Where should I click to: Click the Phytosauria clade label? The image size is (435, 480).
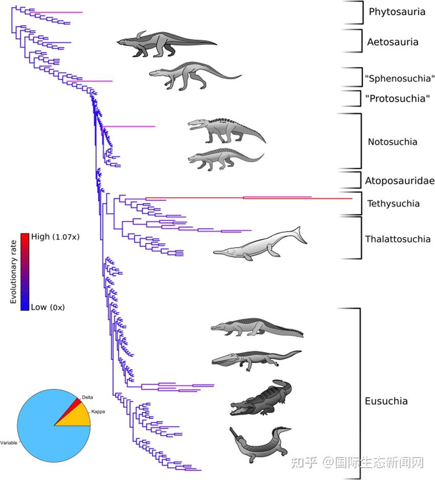point(397,12)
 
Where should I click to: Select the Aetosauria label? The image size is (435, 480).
point(393,42)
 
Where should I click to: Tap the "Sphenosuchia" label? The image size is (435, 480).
point(400,79)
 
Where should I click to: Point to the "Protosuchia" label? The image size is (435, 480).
point(397,98)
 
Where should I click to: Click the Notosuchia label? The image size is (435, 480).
point(393,142)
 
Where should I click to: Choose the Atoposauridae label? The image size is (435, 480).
point(400,180)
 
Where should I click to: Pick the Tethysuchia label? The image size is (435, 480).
point(393,203)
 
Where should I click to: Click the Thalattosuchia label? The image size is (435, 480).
point(398,239)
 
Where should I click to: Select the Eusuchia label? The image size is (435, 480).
point(386,401)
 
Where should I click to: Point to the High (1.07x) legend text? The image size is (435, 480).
point(55,237)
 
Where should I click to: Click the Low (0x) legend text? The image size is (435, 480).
point(48,307)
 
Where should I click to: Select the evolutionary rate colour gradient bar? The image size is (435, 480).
point(25,271)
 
